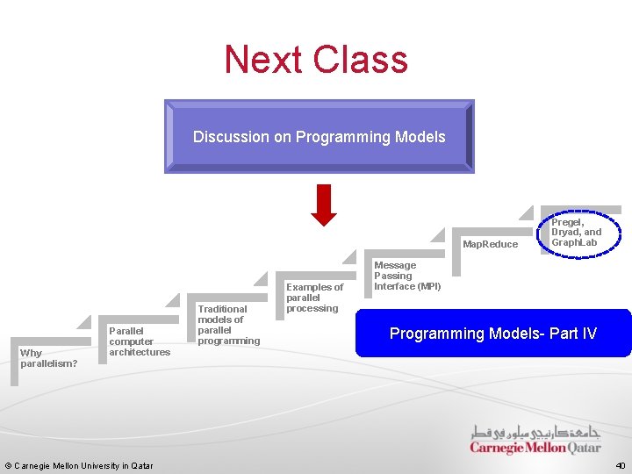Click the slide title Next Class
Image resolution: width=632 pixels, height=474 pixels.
pyautogui.click(x=316, y=60)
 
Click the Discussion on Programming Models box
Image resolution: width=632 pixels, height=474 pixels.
pyautogui.click(x=320, y=136)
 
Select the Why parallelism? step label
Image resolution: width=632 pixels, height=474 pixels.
pyautogui.click(x=49, y=358)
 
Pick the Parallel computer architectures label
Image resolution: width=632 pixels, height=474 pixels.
pyautogui.click(x=139, y=341)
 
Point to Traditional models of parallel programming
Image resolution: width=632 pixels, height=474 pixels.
pyautogui.click(x=228, y=325)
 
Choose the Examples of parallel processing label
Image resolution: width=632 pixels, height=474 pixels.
pyautogui.click(x=314, y=298)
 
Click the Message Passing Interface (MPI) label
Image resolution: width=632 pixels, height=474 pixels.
pyautogui.click(x=407, y=276)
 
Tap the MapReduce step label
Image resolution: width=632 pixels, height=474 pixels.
pyautogui.click(x=491, y=244)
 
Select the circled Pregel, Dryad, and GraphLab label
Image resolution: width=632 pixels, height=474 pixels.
pyautogui.click(x=576, y=232)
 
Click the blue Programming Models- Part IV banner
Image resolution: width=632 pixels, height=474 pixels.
pyautogui.click(x=493, y=334)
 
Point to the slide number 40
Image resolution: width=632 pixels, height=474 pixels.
pyautogui.click(x=620, y=465)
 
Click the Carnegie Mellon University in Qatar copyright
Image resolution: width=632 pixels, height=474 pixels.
pyautogui.click(x=79, y=465)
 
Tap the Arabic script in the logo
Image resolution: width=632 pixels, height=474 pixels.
pyautogui.click(x=536, y=433)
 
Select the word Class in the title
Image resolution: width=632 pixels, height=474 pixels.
pyautogui.click(x=363, y=60)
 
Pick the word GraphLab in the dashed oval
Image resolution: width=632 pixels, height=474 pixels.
pyautogui.click(x=574, y=242)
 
